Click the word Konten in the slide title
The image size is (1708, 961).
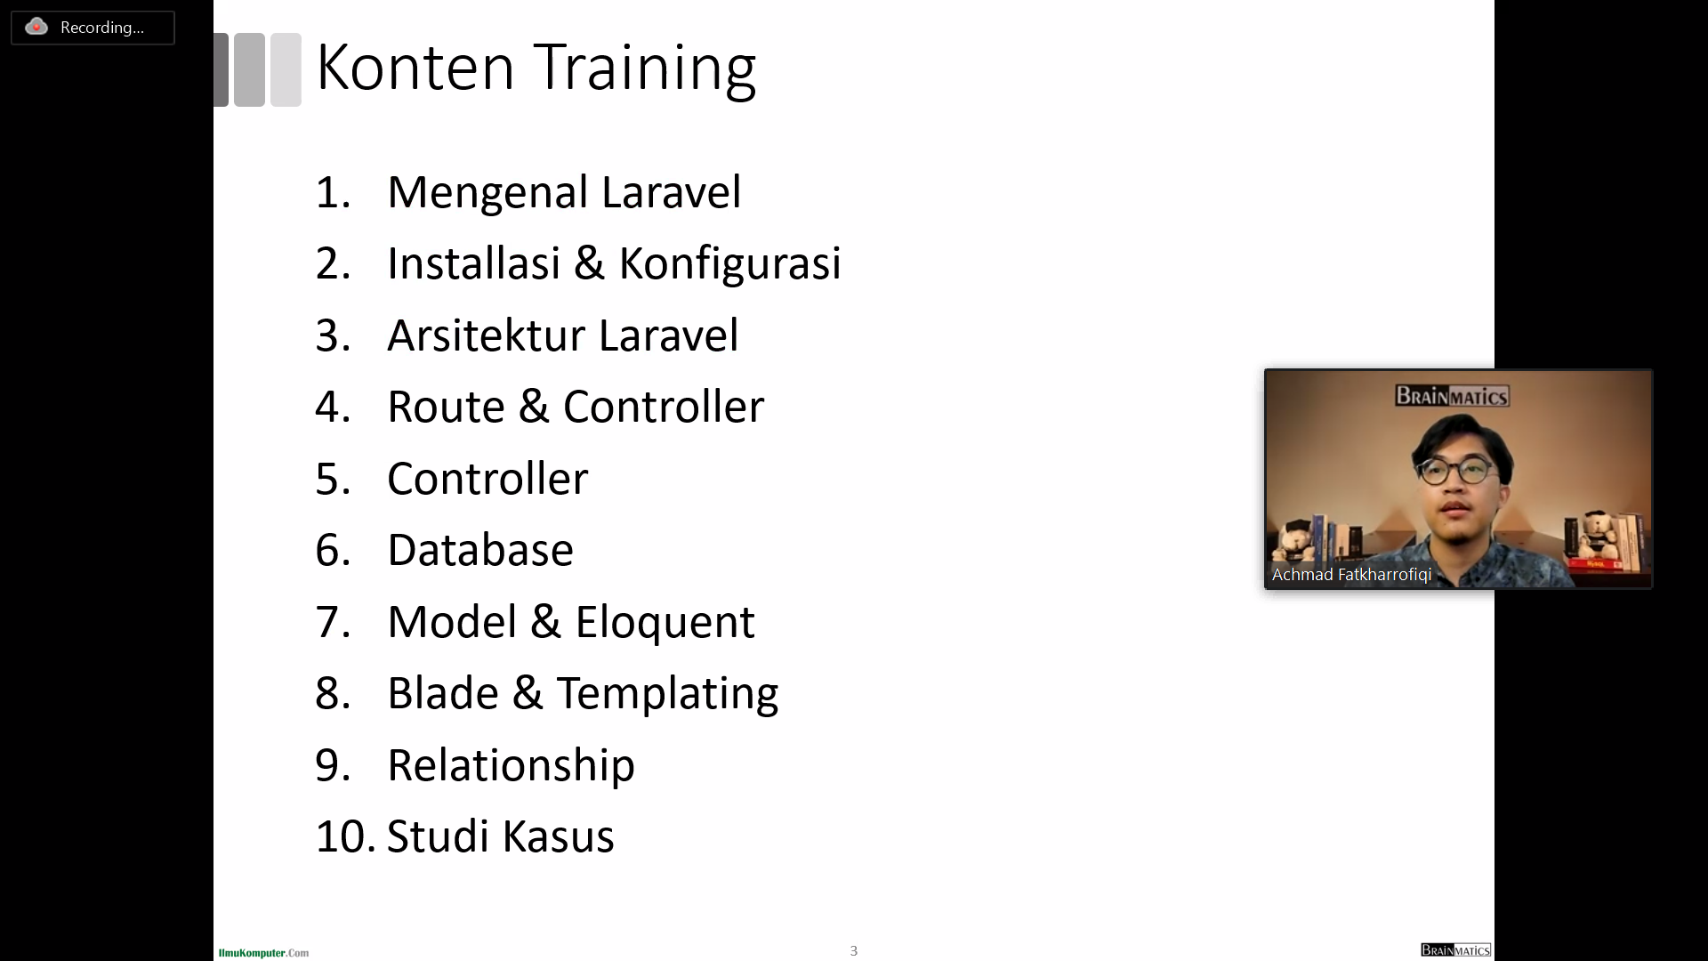[415, 68]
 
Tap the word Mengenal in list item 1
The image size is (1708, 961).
[487, 192]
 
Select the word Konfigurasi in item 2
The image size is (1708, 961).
[729, 263]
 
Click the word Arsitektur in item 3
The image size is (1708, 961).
[486, 335]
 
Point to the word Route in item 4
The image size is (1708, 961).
[446, 407]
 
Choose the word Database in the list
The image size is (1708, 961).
[480, 550]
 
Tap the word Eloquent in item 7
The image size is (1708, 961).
[665, 622]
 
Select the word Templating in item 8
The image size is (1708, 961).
[667, 694]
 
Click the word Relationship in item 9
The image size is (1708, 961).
[511, 765]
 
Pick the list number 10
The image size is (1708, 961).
[344, 837]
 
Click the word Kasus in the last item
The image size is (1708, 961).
[558, 837]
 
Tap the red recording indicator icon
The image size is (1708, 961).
[36, 27]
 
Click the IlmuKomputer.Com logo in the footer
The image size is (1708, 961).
[263, 953]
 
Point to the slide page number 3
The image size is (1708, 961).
[854, 951]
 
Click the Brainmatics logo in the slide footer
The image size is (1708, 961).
[1455, 950]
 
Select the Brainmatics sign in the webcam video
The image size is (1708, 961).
[1452, 396]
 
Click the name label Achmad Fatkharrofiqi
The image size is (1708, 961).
[1351, 575]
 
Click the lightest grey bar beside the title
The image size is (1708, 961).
[286, 70]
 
